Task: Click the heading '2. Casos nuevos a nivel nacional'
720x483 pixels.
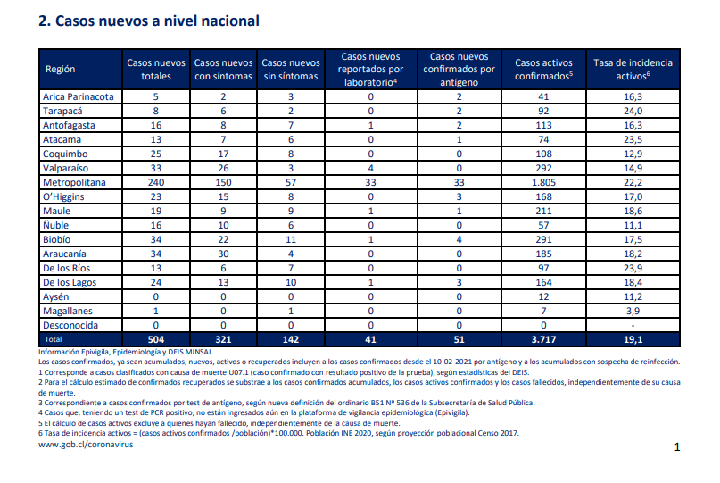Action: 149,21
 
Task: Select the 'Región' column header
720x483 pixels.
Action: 60,70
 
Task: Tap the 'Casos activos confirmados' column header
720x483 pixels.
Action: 543,70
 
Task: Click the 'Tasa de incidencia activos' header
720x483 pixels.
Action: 633,70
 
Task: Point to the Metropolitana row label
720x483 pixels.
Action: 74,182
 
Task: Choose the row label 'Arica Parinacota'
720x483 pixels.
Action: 78,97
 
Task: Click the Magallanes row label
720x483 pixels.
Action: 68,311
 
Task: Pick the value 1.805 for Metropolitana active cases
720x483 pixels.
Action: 543,182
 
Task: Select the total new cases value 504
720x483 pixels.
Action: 156,339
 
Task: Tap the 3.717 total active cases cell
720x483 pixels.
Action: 543,339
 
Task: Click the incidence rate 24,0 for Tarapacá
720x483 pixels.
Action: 633,112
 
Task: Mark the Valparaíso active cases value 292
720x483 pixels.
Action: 543,168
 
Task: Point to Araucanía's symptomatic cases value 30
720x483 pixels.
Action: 223,254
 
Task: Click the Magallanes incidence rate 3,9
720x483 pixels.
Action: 633,311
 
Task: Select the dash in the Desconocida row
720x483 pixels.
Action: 633,326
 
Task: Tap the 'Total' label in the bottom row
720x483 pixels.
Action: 53,339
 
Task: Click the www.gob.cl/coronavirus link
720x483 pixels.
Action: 86,445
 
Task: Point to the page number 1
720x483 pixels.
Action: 677,447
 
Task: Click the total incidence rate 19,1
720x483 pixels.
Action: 633,339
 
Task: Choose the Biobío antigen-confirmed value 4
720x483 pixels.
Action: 459,239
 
